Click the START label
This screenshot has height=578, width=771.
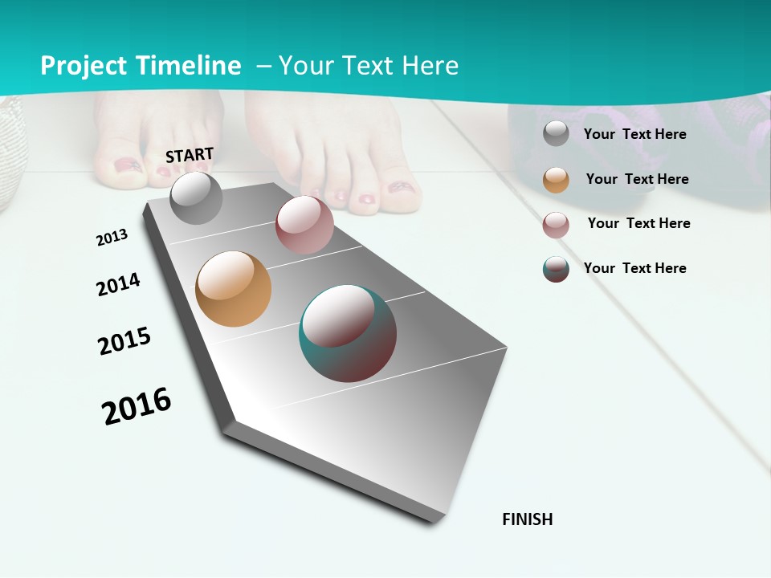tap(190, 155)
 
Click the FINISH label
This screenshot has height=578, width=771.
tap(527, 519)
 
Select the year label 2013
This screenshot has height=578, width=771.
tap(112, 238)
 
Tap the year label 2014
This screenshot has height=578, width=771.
tap(118, 285)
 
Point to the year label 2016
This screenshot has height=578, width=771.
tap(137, 406)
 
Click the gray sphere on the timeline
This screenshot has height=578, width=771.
tap(196, 198)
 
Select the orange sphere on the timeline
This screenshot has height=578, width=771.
tap(233, 289)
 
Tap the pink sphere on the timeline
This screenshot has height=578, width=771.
tap(304, 225)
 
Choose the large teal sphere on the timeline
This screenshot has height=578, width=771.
tap(347, 333)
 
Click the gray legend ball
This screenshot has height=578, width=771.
tap(556, 134)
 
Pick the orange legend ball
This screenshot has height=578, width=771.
tap(556, 180)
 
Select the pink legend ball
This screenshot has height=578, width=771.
tap(556, 225)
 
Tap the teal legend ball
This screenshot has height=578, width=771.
tap(556, 269)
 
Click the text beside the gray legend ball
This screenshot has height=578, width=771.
tap(634, 135)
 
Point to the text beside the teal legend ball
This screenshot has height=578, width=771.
tap(634, 268)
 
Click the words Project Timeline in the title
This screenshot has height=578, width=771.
tap(141, 66)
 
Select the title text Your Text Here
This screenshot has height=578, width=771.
tap(368, 66)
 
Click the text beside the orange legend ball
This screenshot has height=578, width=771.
tap(637, 179)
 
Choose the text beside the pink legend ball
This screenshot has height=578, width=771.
tap(638, 223)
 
